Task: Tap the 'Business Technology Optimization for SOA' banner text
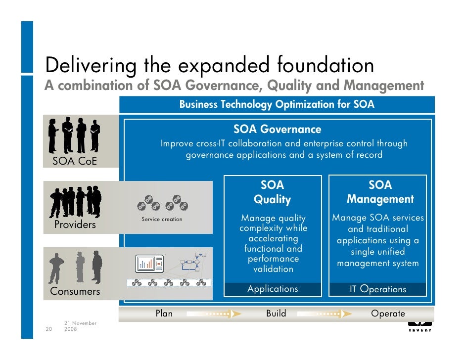point(277,104)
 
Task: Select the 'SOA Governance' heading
point(277,130)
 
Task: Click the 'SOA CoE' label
point(75,162)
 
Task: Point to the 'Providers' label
point(75,225)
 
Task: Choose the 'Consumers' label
point(75,291)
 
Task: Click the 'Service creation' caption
point(162,219)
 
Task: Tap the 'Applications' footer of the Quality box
point(273,289)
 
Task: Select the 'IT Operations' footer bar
point(377,289)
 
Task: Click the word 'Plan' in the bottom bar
point(164,314)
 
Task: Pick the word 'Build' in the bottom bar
point(276,314)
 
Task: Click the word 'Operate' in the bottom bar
point(388,314)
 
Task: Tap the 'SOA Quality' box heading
point(272,192)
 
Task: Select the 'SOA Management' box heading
point(380,192)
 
